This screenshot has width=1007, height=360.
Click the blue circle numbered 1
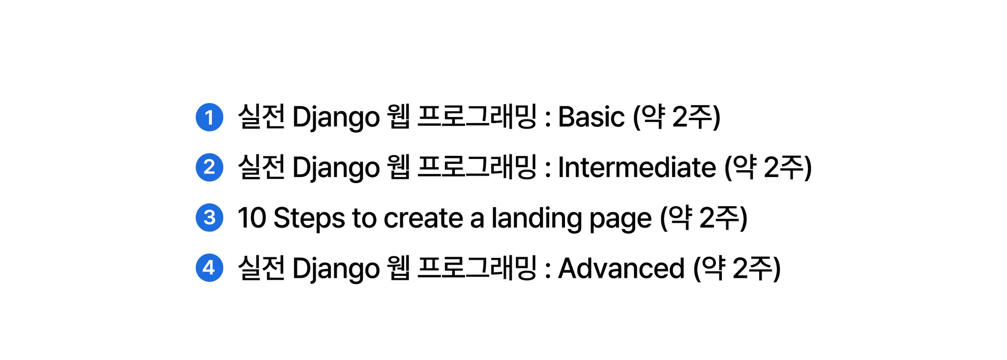point(209,118)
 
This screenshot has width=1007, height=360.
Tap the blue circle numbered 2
point(209,168)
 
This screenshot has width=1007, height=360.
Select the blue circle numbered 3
point(209,217)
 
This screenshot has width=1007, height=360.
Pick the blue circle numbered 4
point(209,268)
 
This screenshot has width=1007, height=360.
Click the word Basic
point(591,118)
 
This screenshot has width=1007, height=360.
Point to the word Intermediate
point(637,168)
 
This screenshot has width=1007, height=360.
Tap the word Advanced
point(621,268)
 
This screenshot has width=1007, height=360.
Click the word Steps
point(309,218)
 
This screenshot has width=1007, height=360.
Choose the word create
point(423,218)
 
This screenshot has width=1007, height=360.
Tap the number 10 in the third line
point(252,218)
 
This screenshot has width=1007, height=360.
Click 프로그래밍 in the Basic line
point(476,118)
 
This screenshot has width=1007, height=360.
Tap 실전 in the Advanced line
point(261,268)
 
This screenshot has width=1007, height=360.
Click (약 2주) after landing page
point(703,218)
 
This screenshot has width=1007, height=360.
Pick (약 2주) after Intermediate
point(768,168)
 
